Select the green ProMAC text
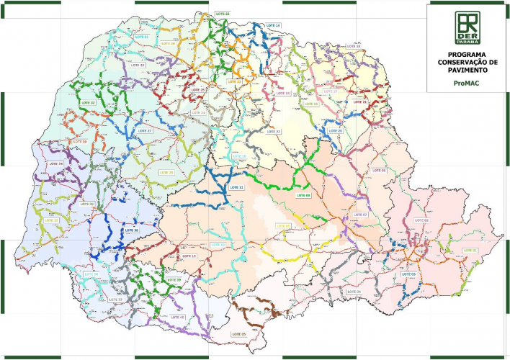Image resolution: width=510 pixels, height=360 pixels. (467, 82)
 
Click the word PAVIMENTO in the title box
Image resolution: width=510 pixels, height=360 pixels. (467, 71)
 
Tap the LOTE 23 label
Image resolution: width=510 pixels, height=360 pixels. (223, 14)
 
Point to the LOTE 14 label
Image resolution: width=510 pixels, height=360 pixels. (273, 25)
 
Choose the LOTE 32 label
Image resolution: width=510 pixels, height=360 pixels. (88, 103)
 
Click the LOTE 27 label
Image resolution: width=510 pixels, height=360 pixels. (145, 131)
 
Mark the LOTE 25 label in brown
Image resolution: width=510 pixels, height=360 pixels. (238, 335)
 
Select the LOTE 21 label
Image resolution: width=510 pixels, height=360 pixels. (359, 102)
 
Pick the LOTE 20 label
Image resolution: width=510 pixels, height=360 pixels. (335, 131)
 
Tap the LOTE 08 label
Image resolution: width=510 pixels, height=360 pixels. (303, 195)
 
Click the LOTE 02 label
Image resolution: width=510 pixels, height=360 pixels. (421, 220)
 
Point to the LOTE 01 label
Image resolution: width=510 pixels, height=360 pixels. (470, 250)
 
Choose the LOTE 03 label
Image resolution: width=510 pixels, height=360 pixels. (409, 274)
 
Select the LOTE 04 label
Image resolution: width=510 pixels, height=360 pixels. (354, 292)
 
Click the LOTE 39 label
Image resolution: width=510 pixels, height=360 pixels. (174, 279)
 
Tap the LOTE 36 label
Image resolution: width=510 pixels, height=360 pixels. (131, 230)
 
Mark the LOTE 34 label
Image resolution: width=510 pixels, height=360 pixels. (55, 164)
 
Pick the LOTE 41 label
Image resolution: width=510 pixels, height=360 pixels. (177, 317)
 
